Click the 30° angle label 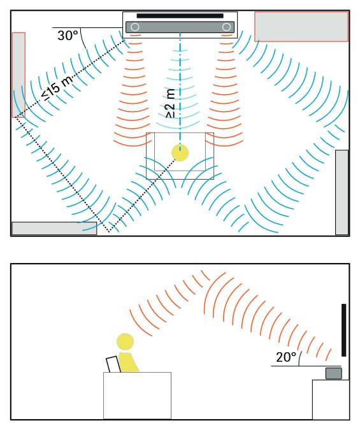(68, 36)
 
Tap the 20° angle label (286, 357)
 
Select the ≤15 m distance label (57, 87)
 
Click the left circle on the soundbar (134, 27)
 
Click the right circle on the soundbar (226, 27)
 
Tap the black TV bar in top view (180, 16)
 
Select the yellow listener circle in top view (180, 153)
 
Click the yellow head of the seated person (125, 341)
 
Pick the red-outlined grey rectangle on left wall (18, 75)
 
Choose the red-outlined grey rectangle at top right (301, 27)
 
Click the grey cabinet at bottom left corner (54, 229)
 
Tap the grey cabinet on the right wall (342, 192)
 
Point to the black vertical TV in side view (344, 330)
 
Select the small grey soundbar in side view (334, 373)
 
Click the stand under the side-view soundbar (331, 399)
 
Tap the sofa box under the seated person (137, 396)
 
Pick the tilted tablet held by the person (113, 364)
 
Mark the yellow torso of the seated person (128, 362)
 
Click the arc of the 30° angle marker (83, 38)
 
